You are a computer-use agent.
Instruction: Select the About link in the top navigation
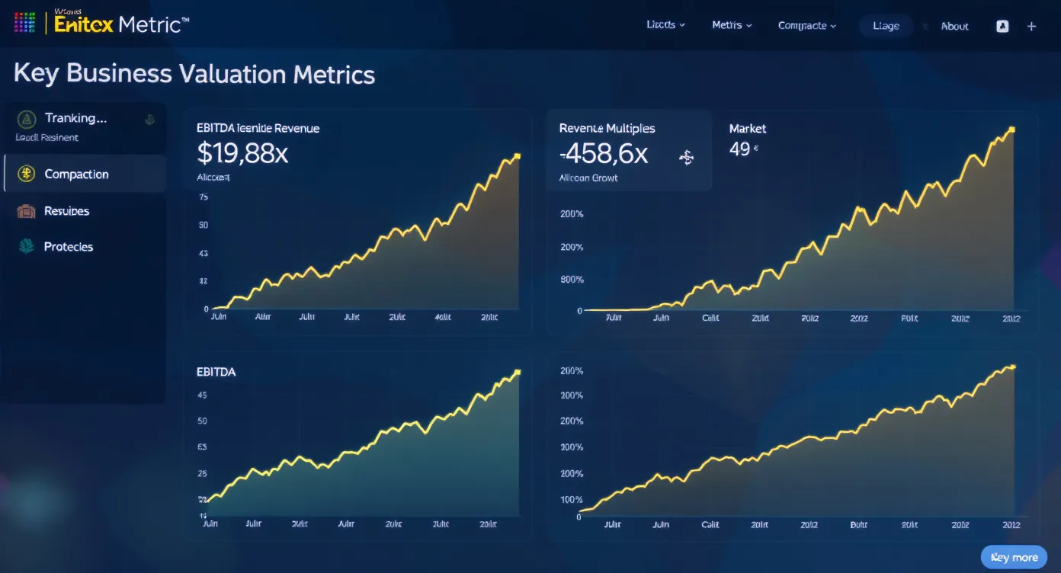pos(954,26)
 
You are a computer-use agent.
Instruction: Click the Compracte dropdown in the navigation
pos(806,26)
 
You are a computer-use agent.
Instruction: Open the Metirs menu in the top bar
pos(732,25)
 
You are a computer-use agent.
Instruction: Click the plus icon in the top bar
pos(1031,26)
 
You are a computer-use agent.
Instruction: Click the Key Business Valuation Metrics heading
pos(194,74)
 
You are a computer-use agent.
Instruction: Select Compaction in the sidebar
pos(76,174)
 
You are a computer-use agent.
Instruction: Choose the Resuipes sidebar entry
pos(66,211)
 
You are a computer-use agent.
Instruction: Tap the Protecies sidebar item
pos(69,247)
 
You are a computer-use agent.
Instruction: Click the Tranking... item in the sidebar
pos(75,118)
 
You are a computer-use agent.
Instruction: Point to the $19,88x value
pos(242,154)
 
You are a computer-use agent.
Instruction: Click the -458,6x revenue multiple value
pos(603,155)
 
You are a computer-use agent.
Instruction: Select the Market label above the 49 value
pos(747,129)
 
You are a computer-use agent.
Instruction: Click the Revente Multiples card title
pos(607,129)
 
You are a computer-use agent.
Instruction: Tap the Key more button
pos(1014,557)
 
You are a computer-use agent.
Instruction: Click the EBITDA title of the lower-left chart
pos(216,372)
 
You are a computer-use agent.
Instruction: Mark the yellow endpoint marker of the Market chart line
pos(1011,130)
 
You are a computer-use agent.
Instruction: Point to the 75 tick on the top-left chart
pos(203,197)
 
